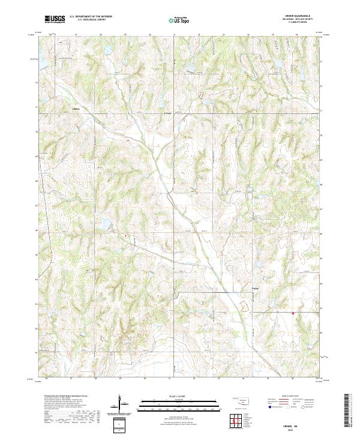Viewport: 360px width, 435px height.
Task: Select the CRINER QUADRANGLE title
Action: pos(300,16)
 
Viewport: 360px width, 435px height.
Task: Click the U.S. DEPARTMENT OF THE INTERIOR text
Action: pos(91,16)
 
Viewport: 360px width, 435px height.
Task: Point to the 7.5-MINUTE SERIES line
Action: pos(300,24)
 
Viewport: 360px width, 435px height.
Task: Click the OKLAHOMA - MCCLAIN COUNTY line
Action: pos(300,20)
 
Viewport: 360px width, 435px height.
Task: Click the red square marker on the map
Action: pos(293,313)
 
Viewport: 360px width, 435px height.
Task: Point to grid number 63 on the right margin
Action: pos(322,307)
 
